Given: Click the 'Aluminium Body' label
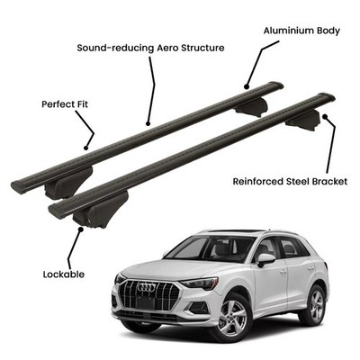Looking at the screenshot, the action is pos(301,31).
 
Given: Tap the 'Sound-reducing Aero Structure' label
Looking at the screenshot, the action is pos(150,48).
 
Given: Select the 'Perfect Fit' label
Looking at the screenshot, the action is pos(65,104).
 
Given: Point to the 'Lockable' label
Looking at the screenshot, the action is pos(64,274).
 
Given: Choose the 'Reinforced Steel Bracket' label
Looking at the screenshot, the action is pos(290,182).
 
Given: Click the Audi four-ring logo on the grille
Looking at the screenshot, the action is pos(147,287).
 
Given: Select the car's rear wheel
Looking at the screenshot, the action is pos(312,305).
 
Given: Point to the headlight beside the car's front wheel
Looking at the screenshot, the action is pos(199,283).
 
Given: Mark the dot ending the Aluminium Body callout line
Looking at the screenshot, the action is pos(247,87).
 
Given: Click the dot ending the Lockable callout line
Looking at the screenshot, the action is pos(80,229).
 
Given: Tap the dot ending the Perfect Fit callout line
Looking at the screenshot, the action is pos(85,148).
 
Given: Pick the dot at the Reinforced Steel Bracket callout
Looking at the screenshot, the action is pos(325,115).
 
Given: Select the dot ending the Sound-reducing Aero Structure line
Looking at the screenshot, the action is pos(148,123).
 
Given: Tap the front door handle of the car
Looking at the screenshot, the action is pos(283,271).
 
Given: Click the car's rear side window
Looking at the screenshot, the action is pos(291,247).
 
